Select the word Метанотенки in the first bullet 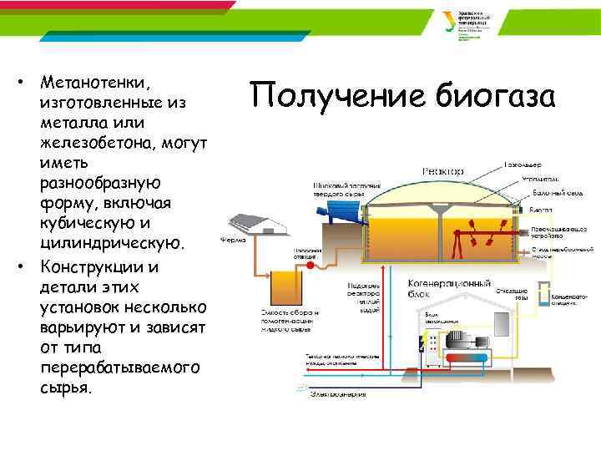click(93, 84)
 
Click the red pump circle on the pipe click(311, 265)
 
